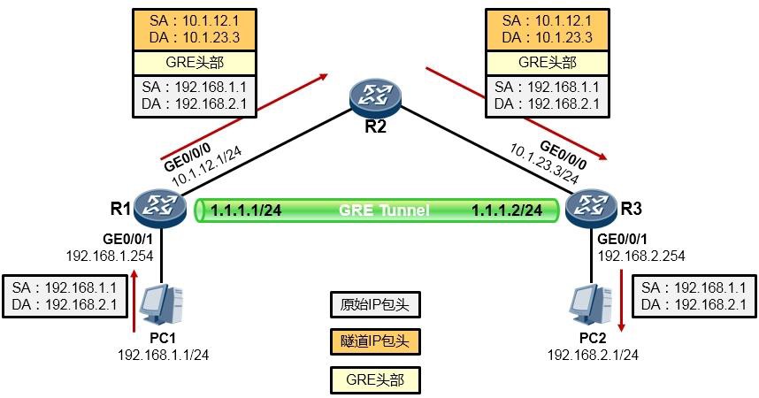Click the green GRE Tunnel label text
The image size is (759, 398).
tap(383, 210)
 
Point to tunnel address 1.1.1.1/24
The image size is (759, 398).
tap(246, 210)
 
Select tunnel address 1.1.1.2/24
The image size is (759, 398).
tap(507, 210)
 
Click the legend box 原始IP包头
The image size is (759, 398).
tap(374, 305)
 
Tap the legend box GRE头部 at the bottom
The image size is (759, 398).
tap(374, 379)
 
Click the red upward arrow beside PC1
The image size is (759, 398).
tap(134, 301)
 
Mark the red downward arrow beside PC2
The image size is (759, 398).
tap(622, 301)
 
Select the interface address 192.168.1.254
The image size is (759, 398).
tap(110, 256)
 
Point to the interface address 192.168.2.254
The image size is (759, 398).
tap(641, 256)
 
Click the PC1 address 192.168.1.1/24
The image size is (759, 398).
tap(163, 354)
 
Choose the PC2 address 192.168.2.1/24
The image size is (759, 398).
tap(593, 354)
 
